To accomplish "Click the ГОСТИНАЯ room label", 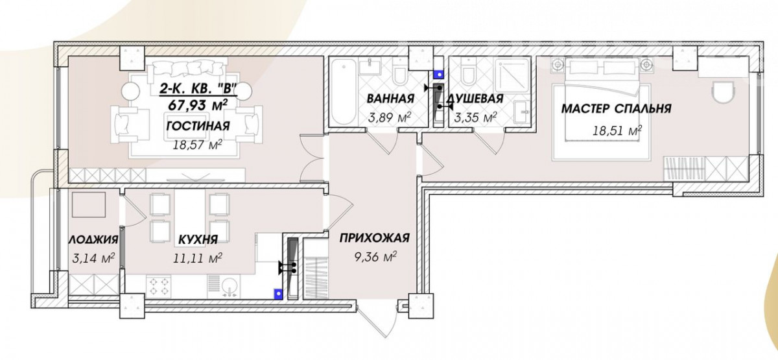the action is [x=198, y=126].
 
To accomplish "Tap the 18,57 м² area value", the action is [x=198, y=144].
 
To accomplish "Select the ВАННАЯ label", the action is [x=391, y=99].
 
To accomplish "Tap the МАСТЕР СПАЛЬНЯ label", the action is [x=616, y=109].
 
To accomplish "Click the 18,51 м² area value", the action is [x=617, y=130].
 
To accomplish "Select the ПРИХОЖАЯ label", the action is [x=375, y=238].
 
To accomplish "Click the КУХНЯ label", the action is [x=198, y=239].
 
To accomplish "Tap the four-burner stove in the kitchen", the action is [x=159, y=286].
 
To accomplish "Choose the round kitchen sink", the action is [x=230, y=287].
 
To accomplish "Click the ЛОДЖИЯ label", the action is [x=93, y=239].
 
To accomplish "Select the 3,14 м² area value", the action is [x=93, y=258].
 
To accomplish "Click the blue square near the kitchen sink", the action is [x=278, y=294].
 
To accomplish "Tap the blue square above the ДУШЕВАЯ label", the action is [x=440, y=75].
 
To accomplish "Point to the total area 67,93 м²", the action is [x=198, y=104].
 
